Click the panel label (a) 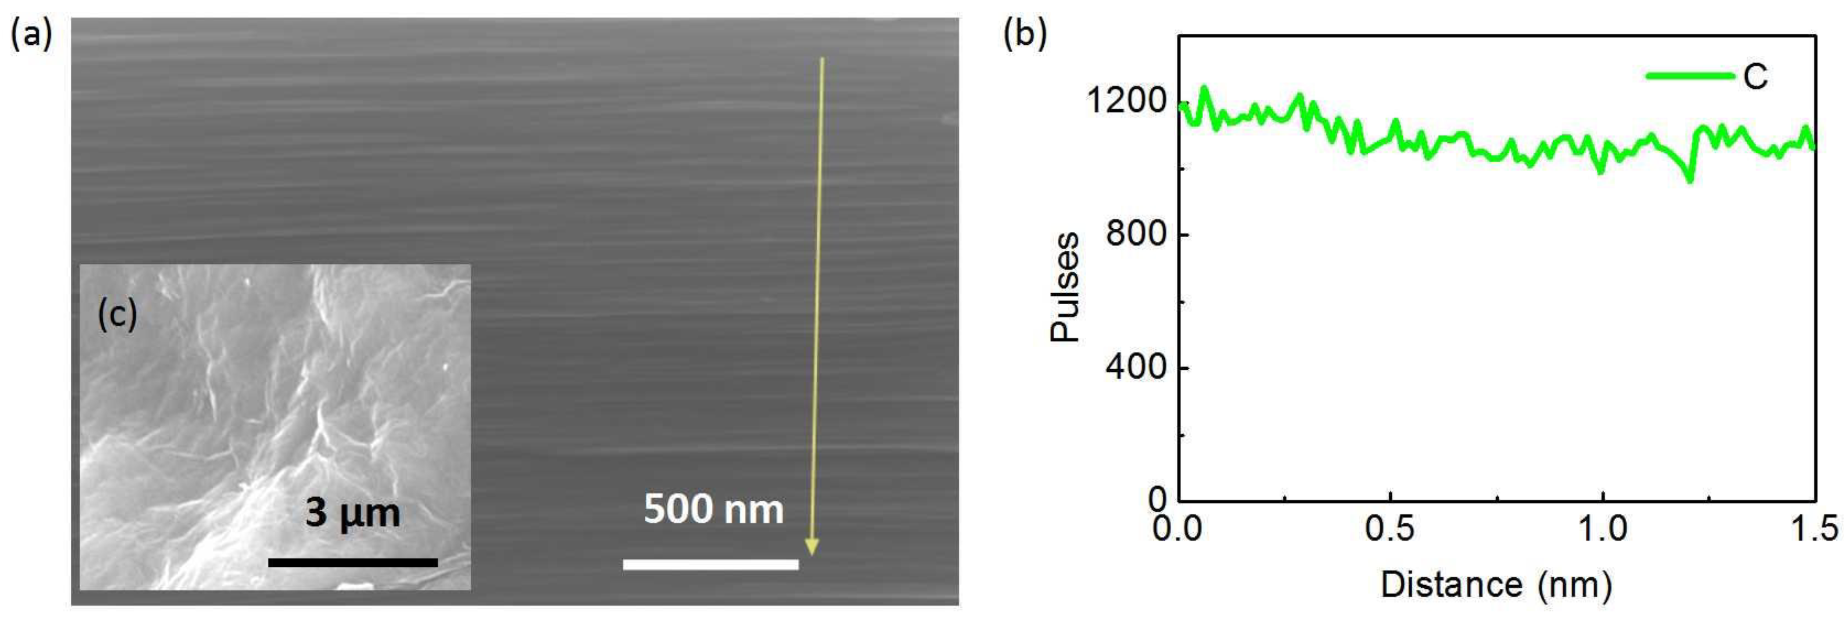pyautogui.click(x=31, y=34)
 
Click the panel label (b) pyautogui.click(x=1025, y=34)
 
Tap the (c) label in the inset pyautogui.click(x=117, y=315)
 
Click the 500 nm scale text pyautogui.click(x=713, y=509)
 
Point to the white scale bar pyautogui.click(x=710, y=564)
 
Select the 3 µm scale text pyautogui.click(x=352, y=513)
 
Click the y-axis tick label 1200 pyautogui.click(x=1127, y=101)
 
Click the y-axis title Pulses pyautogui.click(x=1065, y=287)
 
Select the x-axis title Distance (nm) pyautogui.click(x=1496, y=584)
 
